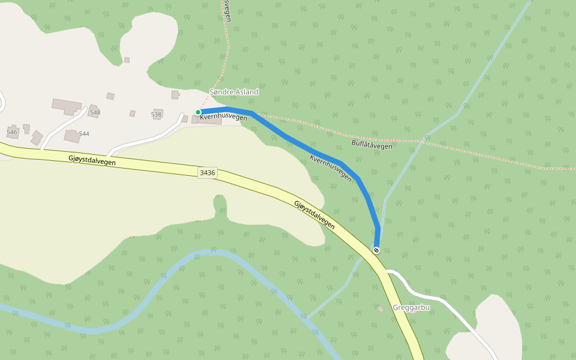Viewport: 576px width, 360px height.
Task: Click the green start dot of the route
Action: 198,112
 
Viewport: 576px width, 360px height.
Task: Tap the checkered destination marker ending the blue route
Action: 376,250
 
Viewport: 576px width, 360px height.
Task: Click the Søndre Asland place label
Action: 233,92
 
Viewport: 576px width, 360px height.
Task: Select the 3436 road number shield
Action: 207,173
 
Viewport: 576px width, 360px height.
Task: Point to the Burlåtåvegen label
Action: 372,145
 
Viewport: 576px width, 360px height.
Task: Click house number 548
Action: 95,112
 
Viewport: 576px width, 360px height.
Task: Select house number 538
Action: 157,114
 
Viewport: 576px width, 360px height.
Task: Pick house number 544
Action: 84,134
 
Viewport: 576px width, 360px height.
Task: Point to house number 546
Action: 12,131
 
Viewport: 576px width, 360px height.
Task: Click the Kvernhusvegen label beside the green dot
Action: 224,118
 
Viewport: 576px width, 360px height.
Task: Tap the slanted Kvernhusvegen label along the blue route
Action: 331,168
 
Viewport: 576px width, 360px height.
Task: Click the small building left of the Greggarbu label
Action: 380,309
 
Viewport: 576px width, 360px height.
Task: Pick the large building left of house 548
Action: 66,107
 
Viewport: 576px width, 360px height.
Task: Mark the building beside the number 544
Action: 72,136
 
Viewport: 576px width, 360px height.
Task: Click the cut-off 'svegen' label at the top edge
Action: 227,10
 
